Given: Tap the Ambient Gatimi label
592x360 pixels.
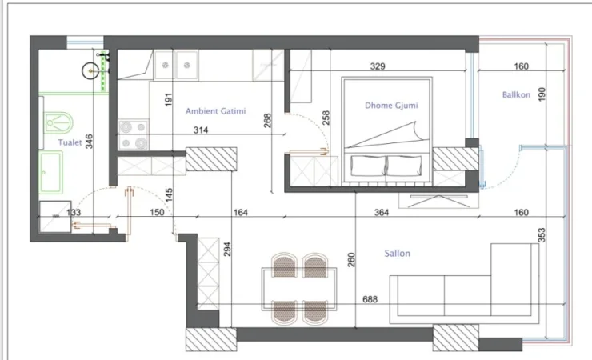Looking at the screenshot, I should [215, 111].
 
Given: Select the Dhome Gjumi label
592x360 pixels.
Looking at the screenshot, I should [391, 105].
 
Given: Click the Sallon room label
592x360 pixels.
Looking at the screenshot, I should [396, 254].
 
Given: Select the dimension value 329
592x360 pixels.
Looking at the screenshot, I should [379, 67].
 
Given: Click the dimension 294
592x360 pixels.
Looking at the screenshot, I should [226, 248].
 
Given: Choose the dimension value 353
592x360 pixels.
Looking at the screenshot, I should [542, 234].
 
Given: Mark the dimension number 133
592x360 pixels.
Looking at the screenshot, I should [74, 212].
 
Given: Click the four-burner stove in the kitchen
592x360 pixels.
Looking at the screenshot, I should [132, 134].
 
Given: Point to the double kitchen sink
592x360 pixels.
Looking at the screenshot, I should [177, 63].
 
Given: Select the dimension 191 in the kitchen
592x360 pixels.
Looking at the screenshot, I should [169, 100].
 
